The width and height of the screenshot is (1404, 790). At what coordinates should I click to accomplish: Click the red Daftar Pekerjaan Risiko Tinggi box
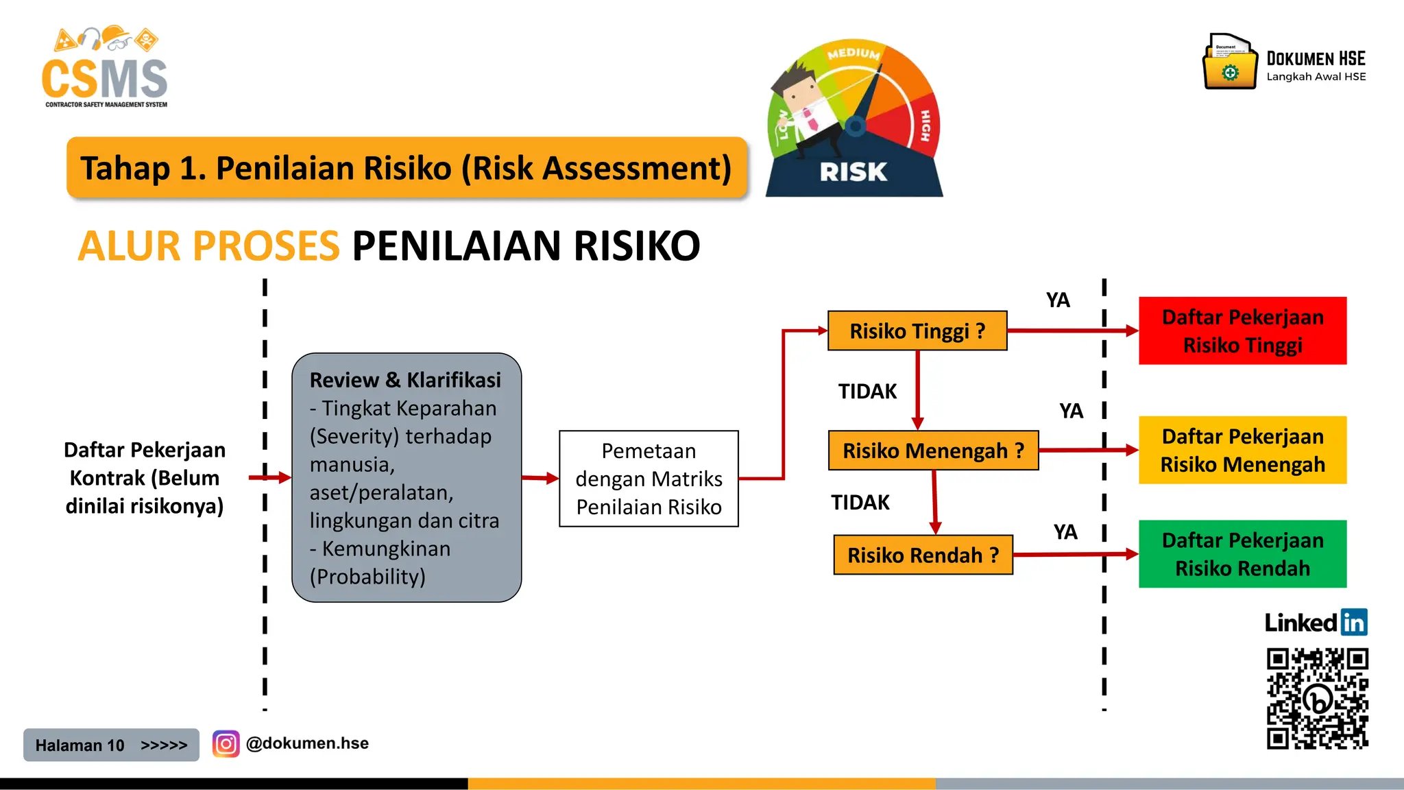point(1242,331)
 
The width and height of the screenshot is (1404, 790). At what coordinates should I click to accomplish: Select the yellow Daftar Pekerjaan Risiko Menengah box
point(1242,450)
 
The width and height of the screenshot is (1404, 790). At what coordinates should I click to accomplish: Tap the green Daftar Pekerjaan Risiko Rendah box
point(1242,554)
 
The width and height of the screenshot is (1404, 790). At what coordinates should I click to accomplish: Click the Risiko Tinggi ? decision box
point(917,331)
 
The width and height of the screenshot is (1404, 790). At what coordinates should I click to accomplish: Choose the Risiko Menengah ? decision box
point(933,451)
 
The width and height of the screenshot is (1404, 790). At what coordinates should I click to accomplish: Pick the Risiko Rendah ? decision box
point(923,555)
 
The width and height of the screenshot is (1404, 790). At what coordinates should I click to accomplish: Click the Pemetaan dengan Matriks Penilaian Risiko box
point(649,479)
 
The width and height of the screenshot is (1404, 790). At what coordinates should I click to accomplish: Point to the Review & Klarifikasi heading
point(405,380)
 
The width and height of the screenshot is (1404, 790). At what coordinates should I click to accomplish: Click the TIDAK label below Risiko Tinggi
point(867,392)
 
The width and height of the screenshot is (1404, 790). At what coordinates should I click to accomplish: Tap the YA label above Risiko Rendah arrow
point(1065,532)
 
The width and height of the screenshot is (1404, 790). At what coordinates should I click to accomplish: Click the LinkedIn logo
point(1316,623)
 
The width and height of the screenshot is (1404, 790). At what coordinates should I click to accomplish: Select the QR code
point(1317,699)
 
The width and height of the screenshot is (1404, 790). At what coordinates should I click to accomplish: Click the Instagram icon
point(226,743)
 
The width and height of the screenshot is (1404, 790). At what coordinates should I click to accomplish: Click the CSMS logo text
point(104,78)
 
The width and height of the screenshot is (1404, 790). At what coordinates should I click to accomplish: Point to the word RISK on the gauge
point(854,171)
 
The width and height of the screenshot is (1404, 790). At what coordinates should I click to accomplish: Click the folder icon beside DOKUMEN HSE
point(1230,62)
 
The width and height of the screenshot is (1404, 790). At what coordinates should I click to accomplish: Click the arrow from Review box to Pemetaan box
point(540,478)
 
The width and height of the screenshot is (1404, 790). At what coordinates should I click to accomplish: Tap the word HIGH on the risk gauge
point(925,125)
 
